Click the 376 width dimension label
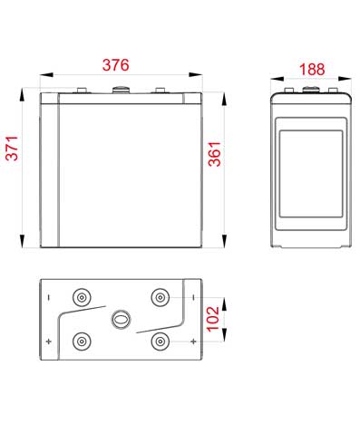coord(116,65)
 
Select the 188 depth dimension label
coord(312,69)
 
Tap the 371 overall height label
coord(13,148)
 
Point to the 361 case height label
coord(215,154)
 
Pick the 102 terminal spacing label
coord(213,319)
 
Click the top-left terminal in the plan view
coord(82,298)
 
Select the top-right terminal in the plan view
coord(160,298)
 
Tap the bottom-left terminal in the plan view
coord(82,341)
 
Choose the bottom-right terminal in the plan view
coord(160,341)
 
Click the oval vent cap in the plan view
coord(121,320)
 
